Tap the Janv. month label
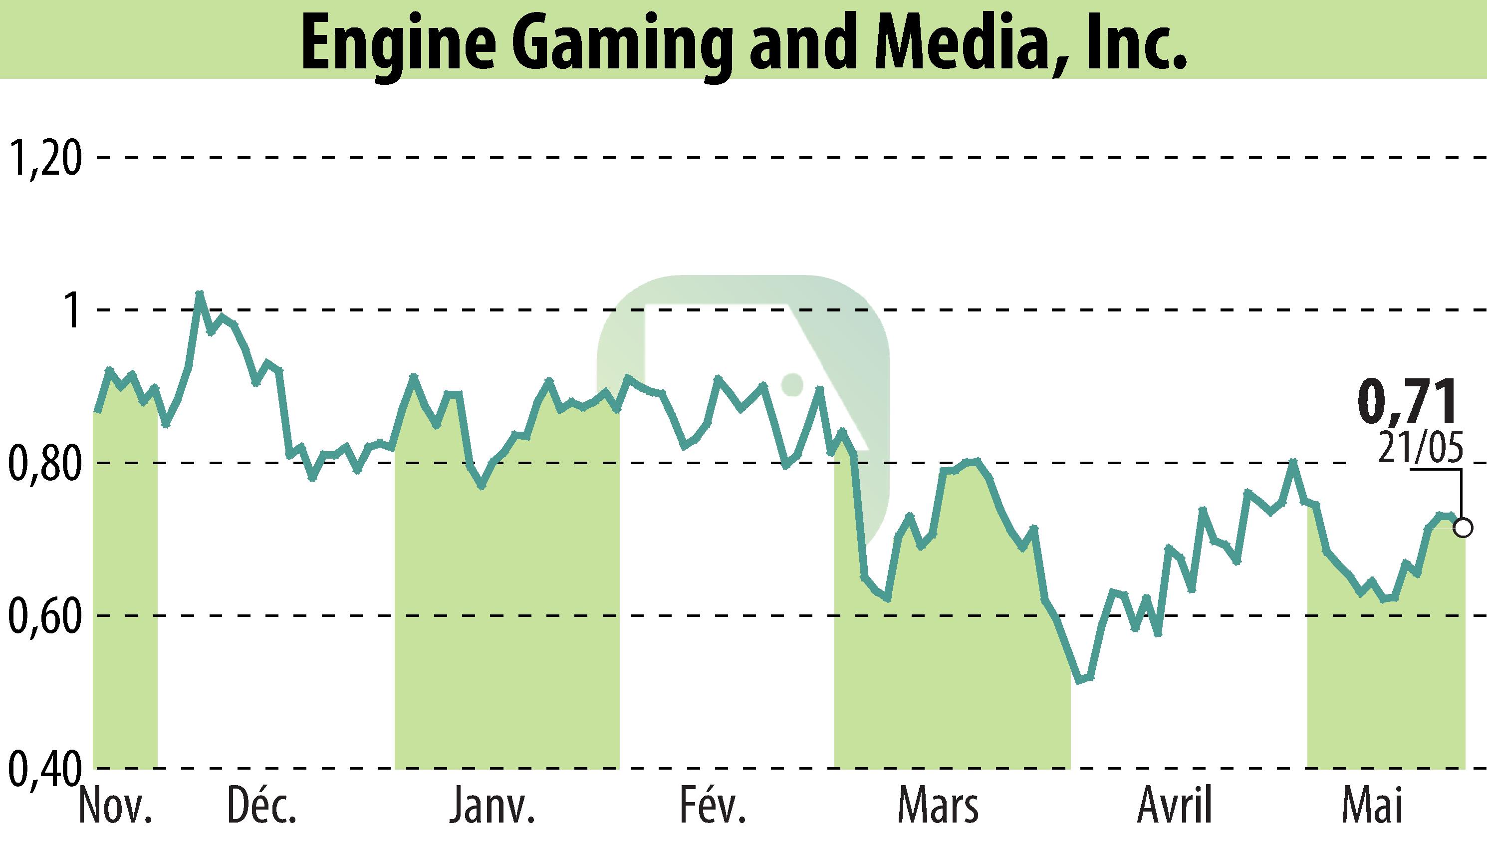pyautogui.click(x=492, y=806)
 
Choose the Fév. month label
pyautogui.click(x=712, y=806)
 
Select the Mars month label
pyautogui.click(x=938, y=806)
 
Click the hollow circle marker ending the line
pyautogui.click(x=1463, y=529)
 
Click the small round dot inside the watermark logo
pyautogui.click(x=792, y=384)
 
